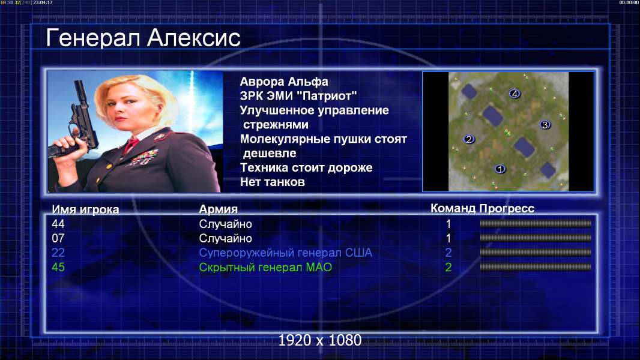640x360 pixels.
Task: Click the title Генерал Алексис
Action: (x=143, y=38)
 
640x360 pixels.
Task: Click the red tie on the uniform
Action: (x=131, y=144)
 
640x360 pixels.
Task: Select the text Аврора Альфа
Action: (x=283, y=82)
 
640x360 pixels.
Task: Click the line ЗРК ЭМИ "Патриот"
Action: (x=298, y=96)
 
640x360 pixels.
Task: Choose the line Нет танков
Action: (x=272, y=182)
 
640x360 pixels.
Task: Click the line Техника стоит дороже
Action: (x=306, y=167)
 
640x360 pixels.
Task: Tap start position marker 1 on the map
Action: (x=500, y=169)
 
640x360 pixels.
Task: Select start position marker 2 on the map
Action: (x=468, y=139)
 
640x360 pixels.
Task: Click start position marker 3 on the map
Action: (x=545, y=124)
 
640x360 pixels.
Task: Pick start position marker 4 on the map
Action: (x=515, y=94)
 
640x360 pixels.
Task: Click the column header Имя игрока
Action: (x=85, y=209)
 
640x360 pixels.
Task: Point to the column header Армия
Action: (x=218, y=209)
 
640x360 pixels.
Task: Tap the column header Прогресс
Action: (x=507, y=208)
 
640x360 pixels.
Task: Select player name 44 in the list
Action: (x=58, y=224)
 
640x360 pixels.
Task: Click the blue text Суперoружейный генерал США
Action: (x=285, y=253)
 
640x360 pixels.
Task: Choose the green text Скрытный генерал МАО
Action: (x=265, y=268)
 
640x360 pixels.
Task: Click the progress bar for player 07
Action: (x=536, y=238)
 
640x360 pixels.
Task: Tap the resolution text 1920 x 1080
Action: (x=320, y=340)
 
